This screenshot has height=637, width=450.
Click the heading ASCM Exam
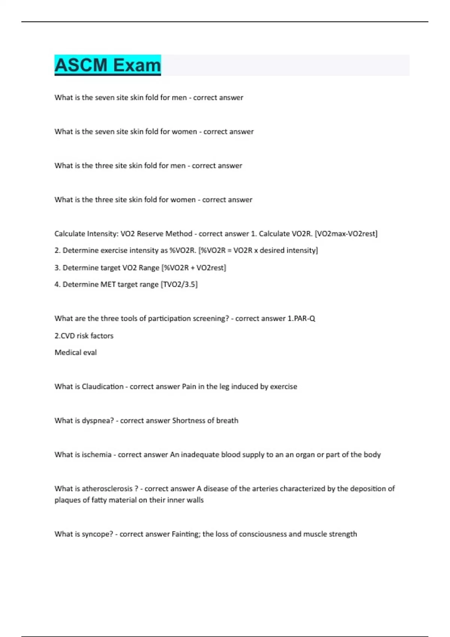pos(108,65)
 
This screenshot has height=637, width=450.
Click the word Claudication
pos(102,386)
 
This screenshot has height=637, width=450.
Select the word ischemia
pos(96,455)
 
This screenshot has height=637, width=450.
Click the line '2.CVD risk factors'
pos(84,336)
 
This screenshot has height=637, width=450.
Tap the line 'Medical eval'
pos(76,353)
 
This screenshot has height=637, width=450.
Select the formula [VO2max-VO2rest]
pos(346,234)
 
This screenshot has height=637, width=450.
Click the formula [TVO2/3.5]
pos(179,284)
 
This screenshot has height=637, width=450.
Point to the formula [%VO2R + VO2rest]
pos(193,268)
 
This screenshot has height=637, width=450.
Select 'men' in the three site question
pos(178,166)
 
